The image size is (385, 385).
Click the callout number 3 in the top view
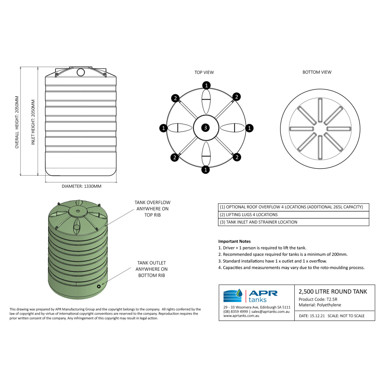point(206,128)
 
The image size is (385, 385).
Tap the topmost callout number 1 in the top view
point(206,85)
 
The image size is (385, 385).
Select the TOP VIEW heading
point(204,72)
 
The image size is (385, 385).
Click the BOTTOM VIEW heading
point(317,72)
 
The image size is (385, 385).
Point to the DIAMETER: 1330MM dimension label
point(81,186)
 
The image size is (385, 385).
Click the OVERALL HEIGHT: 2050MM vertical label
point(17,122)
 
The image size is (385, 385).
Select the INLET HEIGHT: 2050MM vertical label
point(33,122)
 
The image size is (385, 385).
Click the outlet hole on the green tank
point(99,286)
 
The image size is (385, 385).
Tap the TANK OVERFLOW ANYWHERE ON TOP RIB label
point(152,209)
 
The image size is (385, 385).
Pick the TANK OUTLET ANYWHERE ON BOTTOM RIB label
point(151,269)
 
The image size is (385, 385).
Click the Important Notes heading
point(234,241)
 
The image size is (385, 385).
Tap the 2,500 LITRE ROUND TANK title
point(333,292)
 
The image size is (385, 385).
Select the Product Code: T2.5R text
point(318,299)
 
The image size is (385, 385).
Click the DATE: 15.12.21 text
point(312,316)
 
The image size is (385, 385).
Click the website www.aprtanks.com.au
point(241,316)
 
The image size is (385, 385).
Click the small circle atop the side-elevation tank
point(81,72)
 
